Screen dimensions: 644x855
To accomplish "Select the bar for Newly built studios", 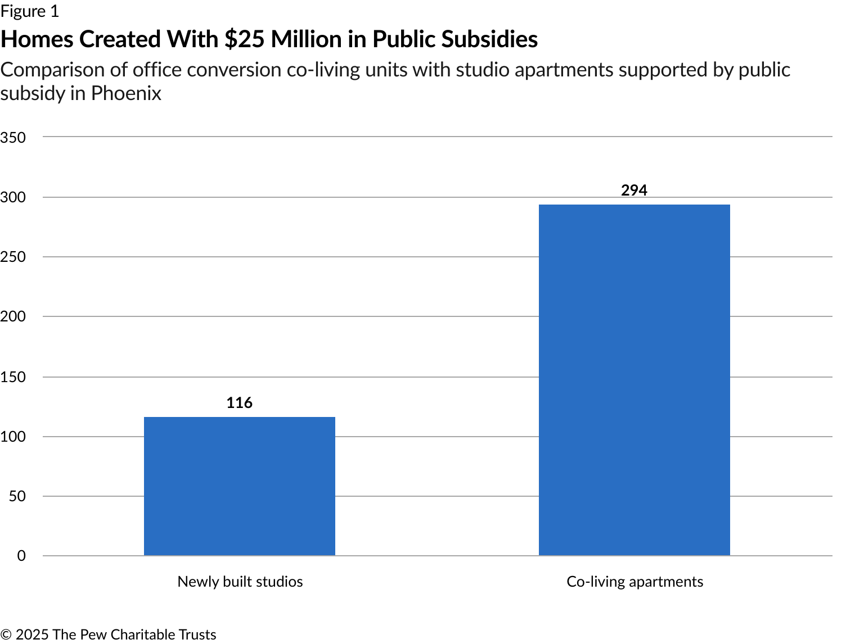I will [240, 486].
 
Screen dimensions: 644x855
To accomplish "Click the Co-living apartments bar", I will [634, 380].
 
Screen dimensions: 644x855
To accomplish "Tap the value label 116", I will [240, 403].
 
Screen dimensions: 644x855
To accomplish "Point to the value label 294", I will [634, 191].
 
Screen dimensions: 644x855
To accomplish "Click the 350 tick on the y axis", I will [13, 138].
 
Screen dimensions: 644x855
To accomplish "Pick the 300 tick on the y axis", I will [13, 197].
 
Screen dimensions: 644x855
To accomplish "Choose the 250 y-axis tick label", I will [13, 257].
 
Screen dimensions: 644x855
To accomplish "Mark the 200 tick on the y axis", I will [13, 316].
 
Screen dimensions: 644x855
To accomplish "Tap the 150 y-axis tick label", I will [13, 377].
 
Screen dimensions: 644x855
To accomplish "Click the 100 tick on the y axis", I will [13, 437].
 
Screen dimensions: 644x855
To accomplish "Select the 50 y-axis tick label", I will [17, 496].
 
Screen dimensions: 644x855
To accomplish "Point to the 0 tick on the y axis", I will [21, 556].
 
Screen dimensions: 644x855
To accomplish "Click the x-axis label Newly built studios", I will [240, 582].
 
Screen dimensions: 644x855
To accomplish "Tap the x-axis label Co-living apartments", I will [634, 582].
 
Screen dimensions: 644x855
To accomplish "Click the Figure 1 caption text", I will [29, 11].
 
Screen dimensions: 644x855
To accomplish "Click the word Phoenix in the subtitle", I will [126, 93].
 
